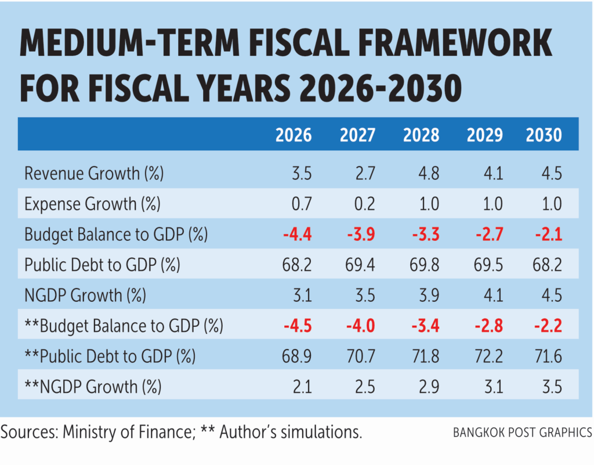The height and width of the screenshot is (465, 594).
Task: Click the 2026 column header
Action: [293, 135]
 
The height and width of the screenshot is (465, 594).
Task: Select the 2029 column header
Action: [484, 135]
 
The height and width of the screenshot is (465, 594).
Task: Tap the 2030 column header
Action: [544, 135]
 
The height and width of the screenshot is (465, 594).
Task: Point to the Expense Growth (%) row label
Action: [92, 204]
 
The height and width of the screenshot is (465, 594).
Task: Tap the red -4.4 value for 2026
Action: [298, 235]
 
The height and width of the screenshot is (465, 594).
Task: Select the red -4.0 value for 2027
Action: [361, 326]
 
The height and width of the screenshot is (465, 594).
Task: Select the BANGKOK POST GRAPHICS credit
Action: [522, 433]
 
